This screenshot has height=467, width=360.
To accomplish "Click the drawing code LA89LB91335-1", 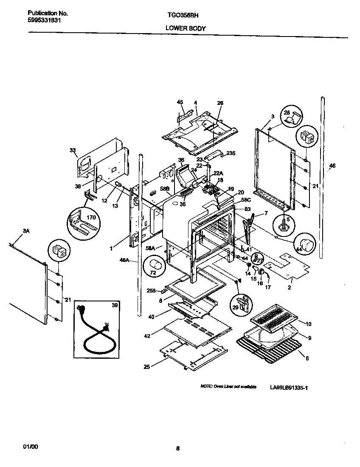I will coord(288,388).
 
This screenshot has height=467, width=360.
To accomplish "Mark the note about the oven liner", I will coord(228,387).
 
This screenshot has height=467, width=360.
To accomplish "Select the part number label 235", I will coord(230,153).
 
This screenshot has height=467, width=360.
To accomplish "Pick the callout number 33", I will coord(72,150).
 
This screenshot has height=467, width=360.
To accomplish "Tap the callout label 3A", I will coord(26,231).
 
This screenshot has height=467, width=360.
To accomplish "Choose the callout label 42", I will coord(147,336).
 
